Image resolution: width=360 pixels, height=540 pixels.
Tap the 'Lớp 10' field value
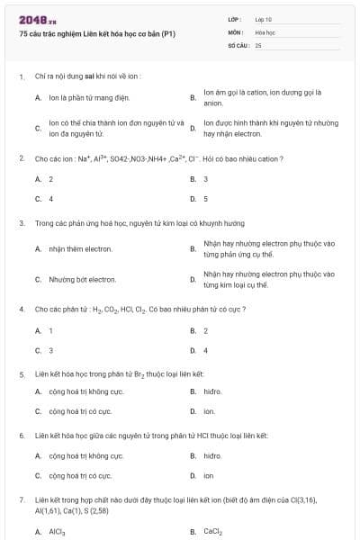coord(263,18)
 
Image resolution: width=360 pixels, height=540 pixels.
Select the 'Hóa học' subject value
coord(265,31)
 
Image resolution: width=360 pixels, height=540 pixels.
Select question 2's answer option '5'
coord(205,198)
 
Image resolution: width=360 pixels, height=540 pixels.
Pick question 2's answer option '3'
coord(205,179)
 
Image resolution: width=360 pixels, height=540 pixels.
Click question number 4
coord(22,309)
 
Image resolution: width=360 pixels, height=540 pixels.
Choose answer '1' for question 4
coord(50,330)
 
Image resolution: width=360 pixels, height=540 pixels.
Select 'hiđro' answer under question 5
coord(212,391)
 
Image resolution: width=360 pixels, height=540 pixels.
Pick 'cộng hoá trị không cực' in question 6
coord(86,455)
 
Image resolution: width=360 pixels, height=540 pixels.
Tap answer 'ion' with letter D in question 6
coord(208,475)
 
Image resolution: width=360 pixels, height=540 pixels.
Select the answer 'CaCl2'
coord(212,532)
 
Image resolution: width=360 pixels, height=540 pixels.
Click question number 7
coord(22,498)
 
